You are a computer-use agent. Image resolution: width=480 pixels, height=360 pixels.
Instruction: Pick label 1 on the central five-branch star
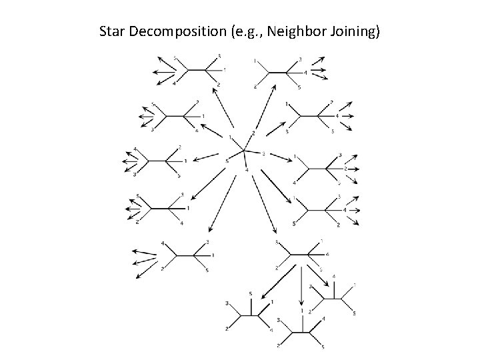click(229, 137)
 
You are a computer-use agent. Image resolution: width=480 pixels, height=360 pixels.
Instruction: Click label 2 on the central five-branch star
click(253, 133)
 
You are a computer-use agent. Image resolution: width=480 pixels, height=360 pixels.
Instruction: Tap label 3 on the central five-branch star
click(264, 154)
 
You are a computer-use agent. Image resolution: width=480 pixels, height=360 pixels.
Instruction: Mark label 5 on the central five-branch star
click(227, 160)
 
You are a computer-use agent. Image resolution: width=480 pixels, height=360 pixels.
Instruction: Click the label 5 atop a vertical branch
click(250, 294)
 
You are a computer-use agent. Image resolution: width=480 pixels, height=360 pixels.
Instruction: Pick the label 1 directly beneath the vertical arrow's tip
click(302, 311)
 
